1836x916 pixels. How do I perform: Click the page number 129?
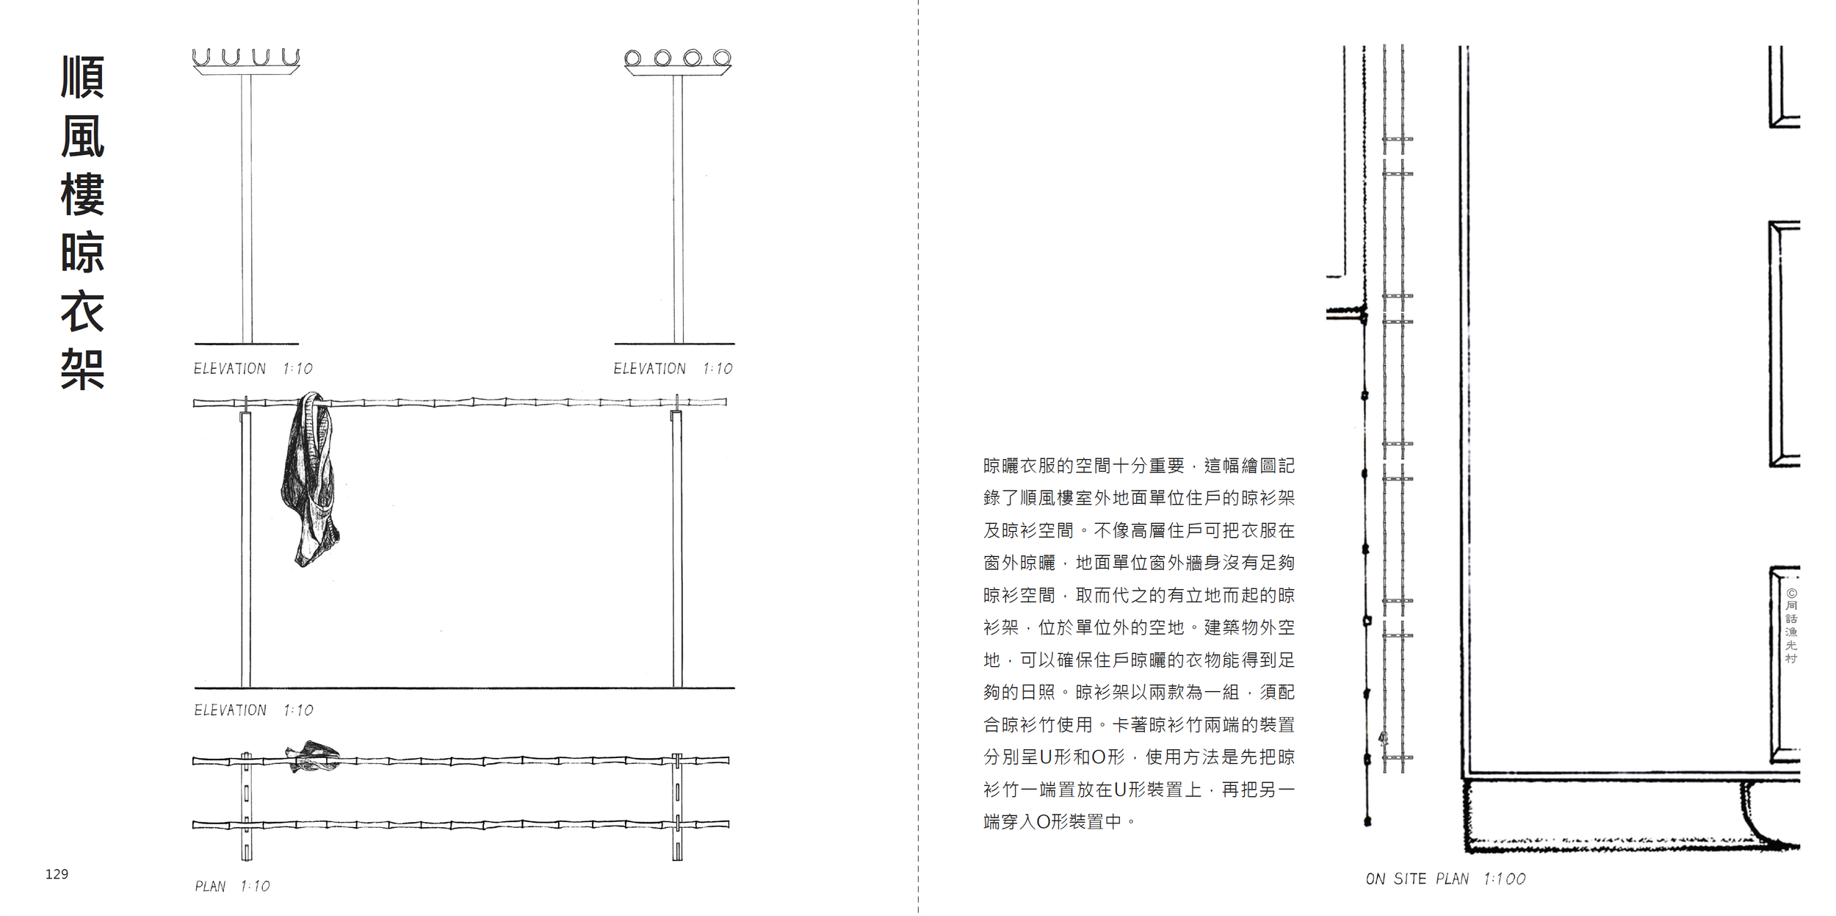(57, 874)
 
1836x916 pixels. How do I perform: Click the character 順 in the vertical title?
(82, 77)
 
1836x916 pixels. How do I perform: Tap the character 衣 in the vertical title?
(82, 311)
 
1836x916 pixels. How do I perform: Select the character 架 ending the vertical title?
(82, 369)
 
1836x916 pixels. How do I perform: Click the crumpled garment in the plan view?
(314, 757)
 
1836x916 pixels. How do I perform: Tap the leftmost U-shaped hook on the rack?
(200, 57)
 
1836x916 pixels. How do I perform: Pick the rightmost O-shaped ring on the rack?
(722, 57)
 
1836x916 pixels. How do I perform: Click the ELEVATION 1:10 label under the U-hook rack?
(253, 369)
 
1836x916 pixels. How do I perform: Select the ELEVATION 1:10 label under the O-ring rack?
(673, 369)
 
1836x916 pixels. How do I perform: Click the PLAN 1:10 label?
(232, 887)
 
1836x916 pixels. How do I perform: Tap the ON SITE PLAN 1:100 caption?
(1445, 879)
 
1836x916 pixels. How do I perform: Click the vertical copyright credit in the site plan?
(1791, 626)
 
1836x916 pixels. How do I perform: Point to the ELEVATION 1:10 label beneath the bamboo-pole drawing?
(253, 710)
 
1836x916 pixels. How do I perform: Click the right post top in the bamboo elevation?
(676, 416)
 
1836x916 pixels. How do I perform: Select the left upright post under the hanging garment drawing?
(246, 551)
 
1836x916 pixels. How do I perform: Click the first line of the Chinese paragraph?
(1138, 466)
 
